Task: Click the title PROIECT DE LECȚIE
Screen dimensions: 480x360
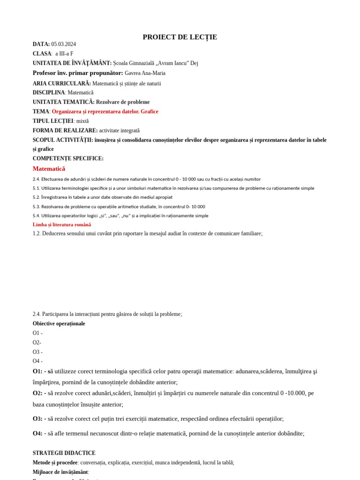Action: click(x=180, y=37)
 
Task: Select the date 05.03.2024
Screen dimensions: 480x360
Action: click(x=63, y=45)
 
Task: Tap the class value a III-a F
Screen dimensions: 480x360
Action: click(x=64, y=54)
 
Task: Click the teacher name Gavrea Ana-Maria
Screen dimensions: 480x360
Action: click(x=145, y=73)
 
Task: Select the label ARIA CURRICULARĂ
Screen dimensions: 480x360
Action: click(x=61, y=83)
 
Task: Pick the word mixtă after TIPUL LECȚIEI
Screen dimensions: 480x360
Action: click(x=82, y=121)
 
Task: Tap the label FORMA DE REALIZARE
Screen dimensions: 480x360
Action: click(x=65, y=130)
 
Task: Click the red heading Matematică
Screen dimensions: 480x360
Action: click(x=49, y=169)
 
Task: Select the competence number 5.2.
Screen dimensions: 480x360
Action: click(x=36, y=197)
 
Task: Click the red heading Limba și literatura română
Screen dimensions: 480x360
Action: click(x=62, y=225)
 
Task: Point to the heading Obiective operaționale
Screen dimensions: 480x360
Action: click(x=59, y=323)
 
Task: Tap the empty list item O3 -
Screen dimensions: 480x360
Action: click(x=37, y=352)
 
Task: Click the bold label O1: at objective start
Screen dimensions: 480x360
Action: click(x=37, y=371)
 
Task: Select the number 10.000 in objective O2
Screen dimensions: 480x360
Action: click(x=296, y=393)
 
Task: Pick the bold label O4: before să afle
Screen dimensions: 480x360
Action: click(x=37, y=433)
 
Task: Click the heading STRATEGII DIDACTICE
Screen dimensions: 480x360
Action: click(x=64, y=453)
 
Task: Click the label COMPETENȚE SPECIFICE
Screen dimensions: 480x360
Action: click(x=68, y=158)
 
